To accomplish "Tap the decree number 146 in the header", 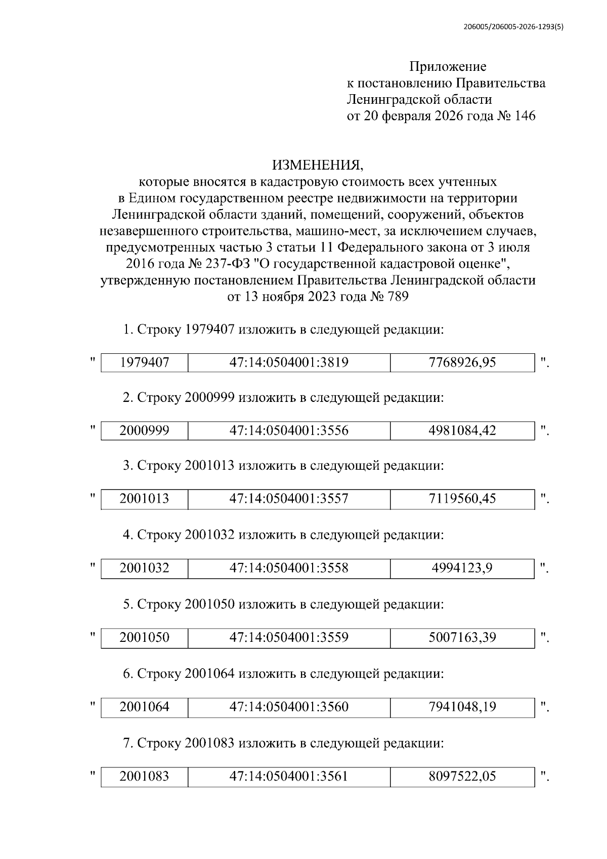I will [525, 116].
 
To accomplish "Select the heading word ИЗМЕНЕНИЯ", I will [318, 166].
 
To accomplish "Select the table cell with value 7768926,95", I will [462, 362].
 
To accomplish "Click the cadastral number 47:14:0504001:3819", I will [289, 362].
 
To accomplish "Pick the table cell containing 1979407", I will [145, 362].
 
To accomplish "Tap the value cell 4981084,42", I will [462, 431].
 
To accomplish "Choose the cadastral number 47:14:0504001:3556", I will [289, 431].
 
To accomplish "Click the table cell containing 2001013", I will [145, 499].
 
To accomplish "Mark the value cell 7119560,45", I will [462, 499].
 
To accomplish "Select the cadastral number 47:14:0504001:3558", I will [289, 568].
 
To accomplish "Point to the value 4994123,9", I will [462, 568].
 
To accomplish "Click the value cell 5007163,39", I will [462, 637].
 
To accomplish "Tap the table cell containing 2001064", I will [145, 707].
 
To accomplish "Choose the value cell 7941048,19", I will [462, 707].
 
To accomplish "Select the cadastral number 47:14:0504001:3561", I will [289, 776].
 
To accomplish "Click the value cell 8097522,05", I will [462, 776].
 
